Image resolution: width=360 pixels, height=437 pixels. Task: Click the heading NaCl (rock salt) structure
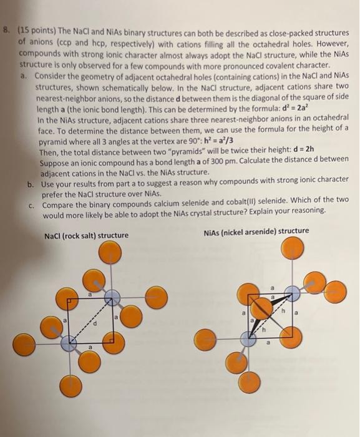pos(87,235)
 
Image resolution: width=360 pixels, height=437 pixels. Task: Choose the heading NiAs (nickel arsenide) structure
pos(256,232)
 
